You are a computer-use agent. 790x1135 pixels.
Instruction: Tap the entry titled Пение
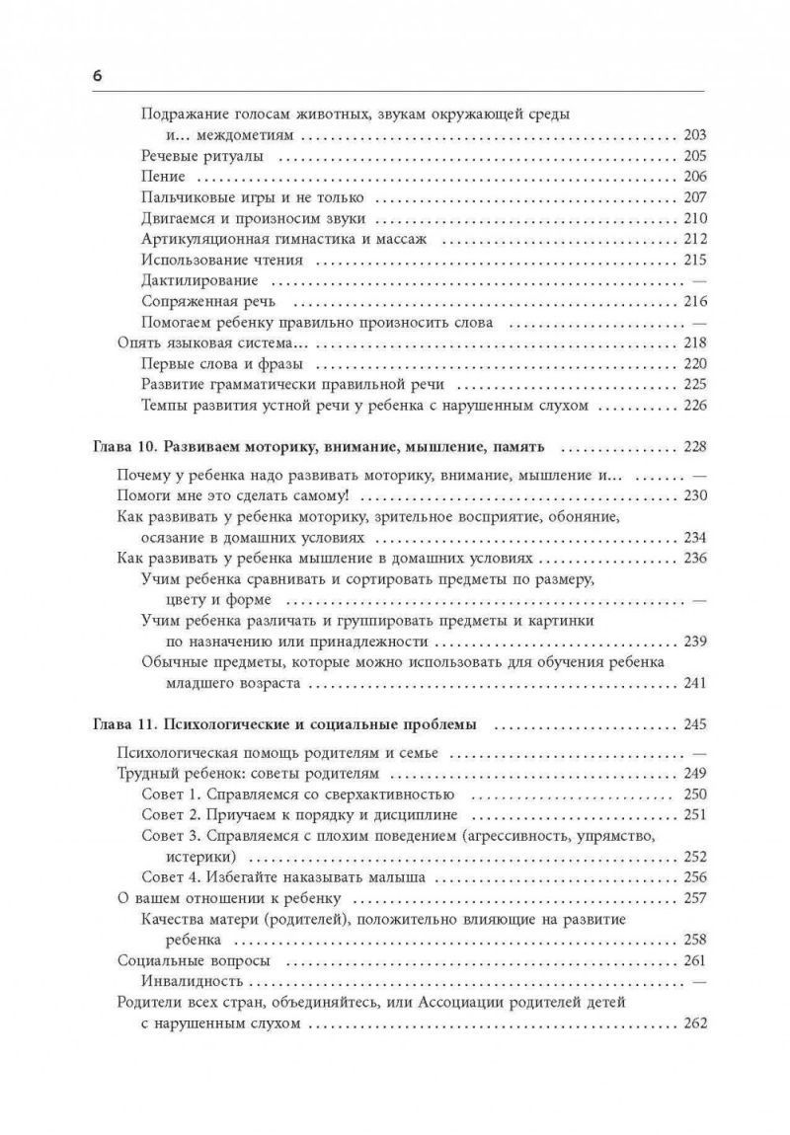pos(163,178)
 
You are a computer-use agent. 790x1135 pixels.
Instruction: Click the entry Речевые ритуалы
pos(201,156)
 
